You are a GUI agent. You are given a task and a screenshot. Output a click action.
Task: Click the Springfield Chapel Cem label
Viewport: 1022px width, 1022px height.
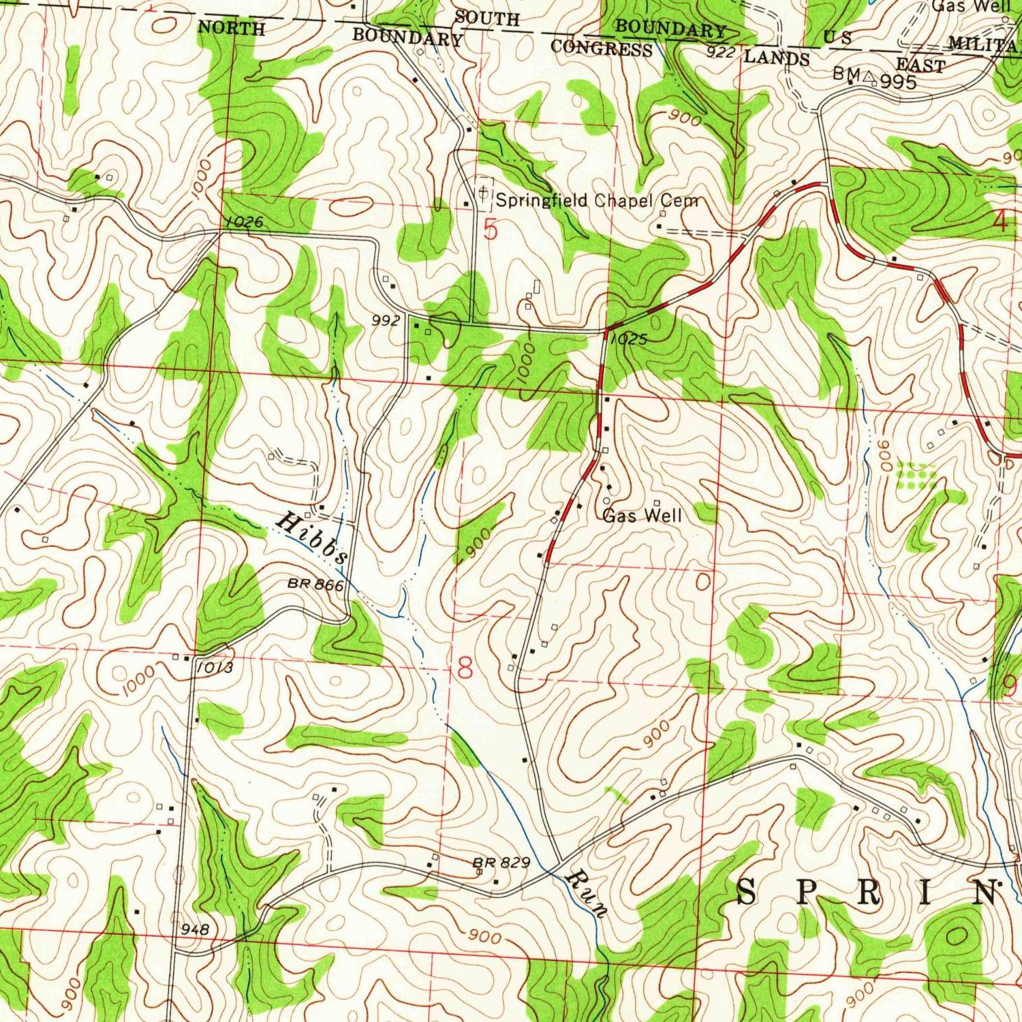coord(597,200)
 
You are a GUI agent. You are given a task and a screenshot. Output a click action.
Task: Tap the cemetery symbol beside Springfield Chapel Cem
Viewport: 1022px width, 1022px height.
coord(483,193)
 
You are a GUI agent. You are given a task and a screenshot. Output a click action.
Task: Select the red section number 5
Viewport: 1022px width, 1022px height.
coord(491,230)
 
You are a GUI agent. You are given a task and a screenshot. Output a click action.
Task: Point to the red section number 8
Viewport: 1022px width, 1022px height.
coord(465,668)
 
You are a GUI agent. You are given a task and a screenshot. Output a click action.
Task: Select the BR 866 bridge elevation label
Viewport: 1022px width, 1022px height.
coord(315,584)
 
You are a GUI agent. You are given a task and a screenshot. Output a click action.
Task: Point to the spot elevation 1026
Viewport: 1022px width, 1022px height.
coord(241,222)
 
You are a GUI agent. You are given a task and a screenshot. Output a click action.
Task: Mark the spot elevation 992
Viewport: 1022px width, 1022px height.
coord(386,320)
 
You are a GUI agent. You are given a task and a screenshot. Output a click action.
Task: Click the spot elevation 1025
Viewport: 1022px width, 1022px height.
coord(628,339)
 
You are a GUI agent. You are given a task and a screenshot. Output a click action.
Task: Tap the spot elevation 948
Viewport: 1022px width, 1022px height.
coord(195,929)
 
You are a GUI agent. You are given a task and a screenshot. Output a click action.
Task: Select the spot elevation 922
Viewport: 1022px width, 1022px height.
coord(720,52)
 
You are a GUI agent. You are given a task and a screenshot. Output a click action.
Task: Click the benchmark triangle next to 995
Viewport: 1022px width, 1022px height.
coord(868,78)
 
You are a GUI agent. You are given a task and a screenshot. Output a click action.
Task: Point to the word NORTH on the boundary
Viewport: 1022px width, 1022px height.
coord(231,28)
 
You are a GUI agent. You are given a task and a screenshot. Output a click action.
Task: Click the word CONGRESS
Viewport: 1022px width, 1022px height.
coord(601,48)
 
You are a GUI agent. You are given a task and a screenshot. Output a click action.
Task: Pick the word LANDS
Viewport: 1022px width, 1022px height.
coord(776,58)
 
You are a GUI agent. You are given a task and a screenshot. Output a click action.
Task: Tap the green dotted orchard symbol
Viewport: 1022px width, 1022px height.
coord(915,475)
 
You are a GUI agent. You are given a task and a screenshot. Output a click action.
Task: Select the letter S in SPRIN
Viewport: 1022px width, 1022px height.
coord(747,892)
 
